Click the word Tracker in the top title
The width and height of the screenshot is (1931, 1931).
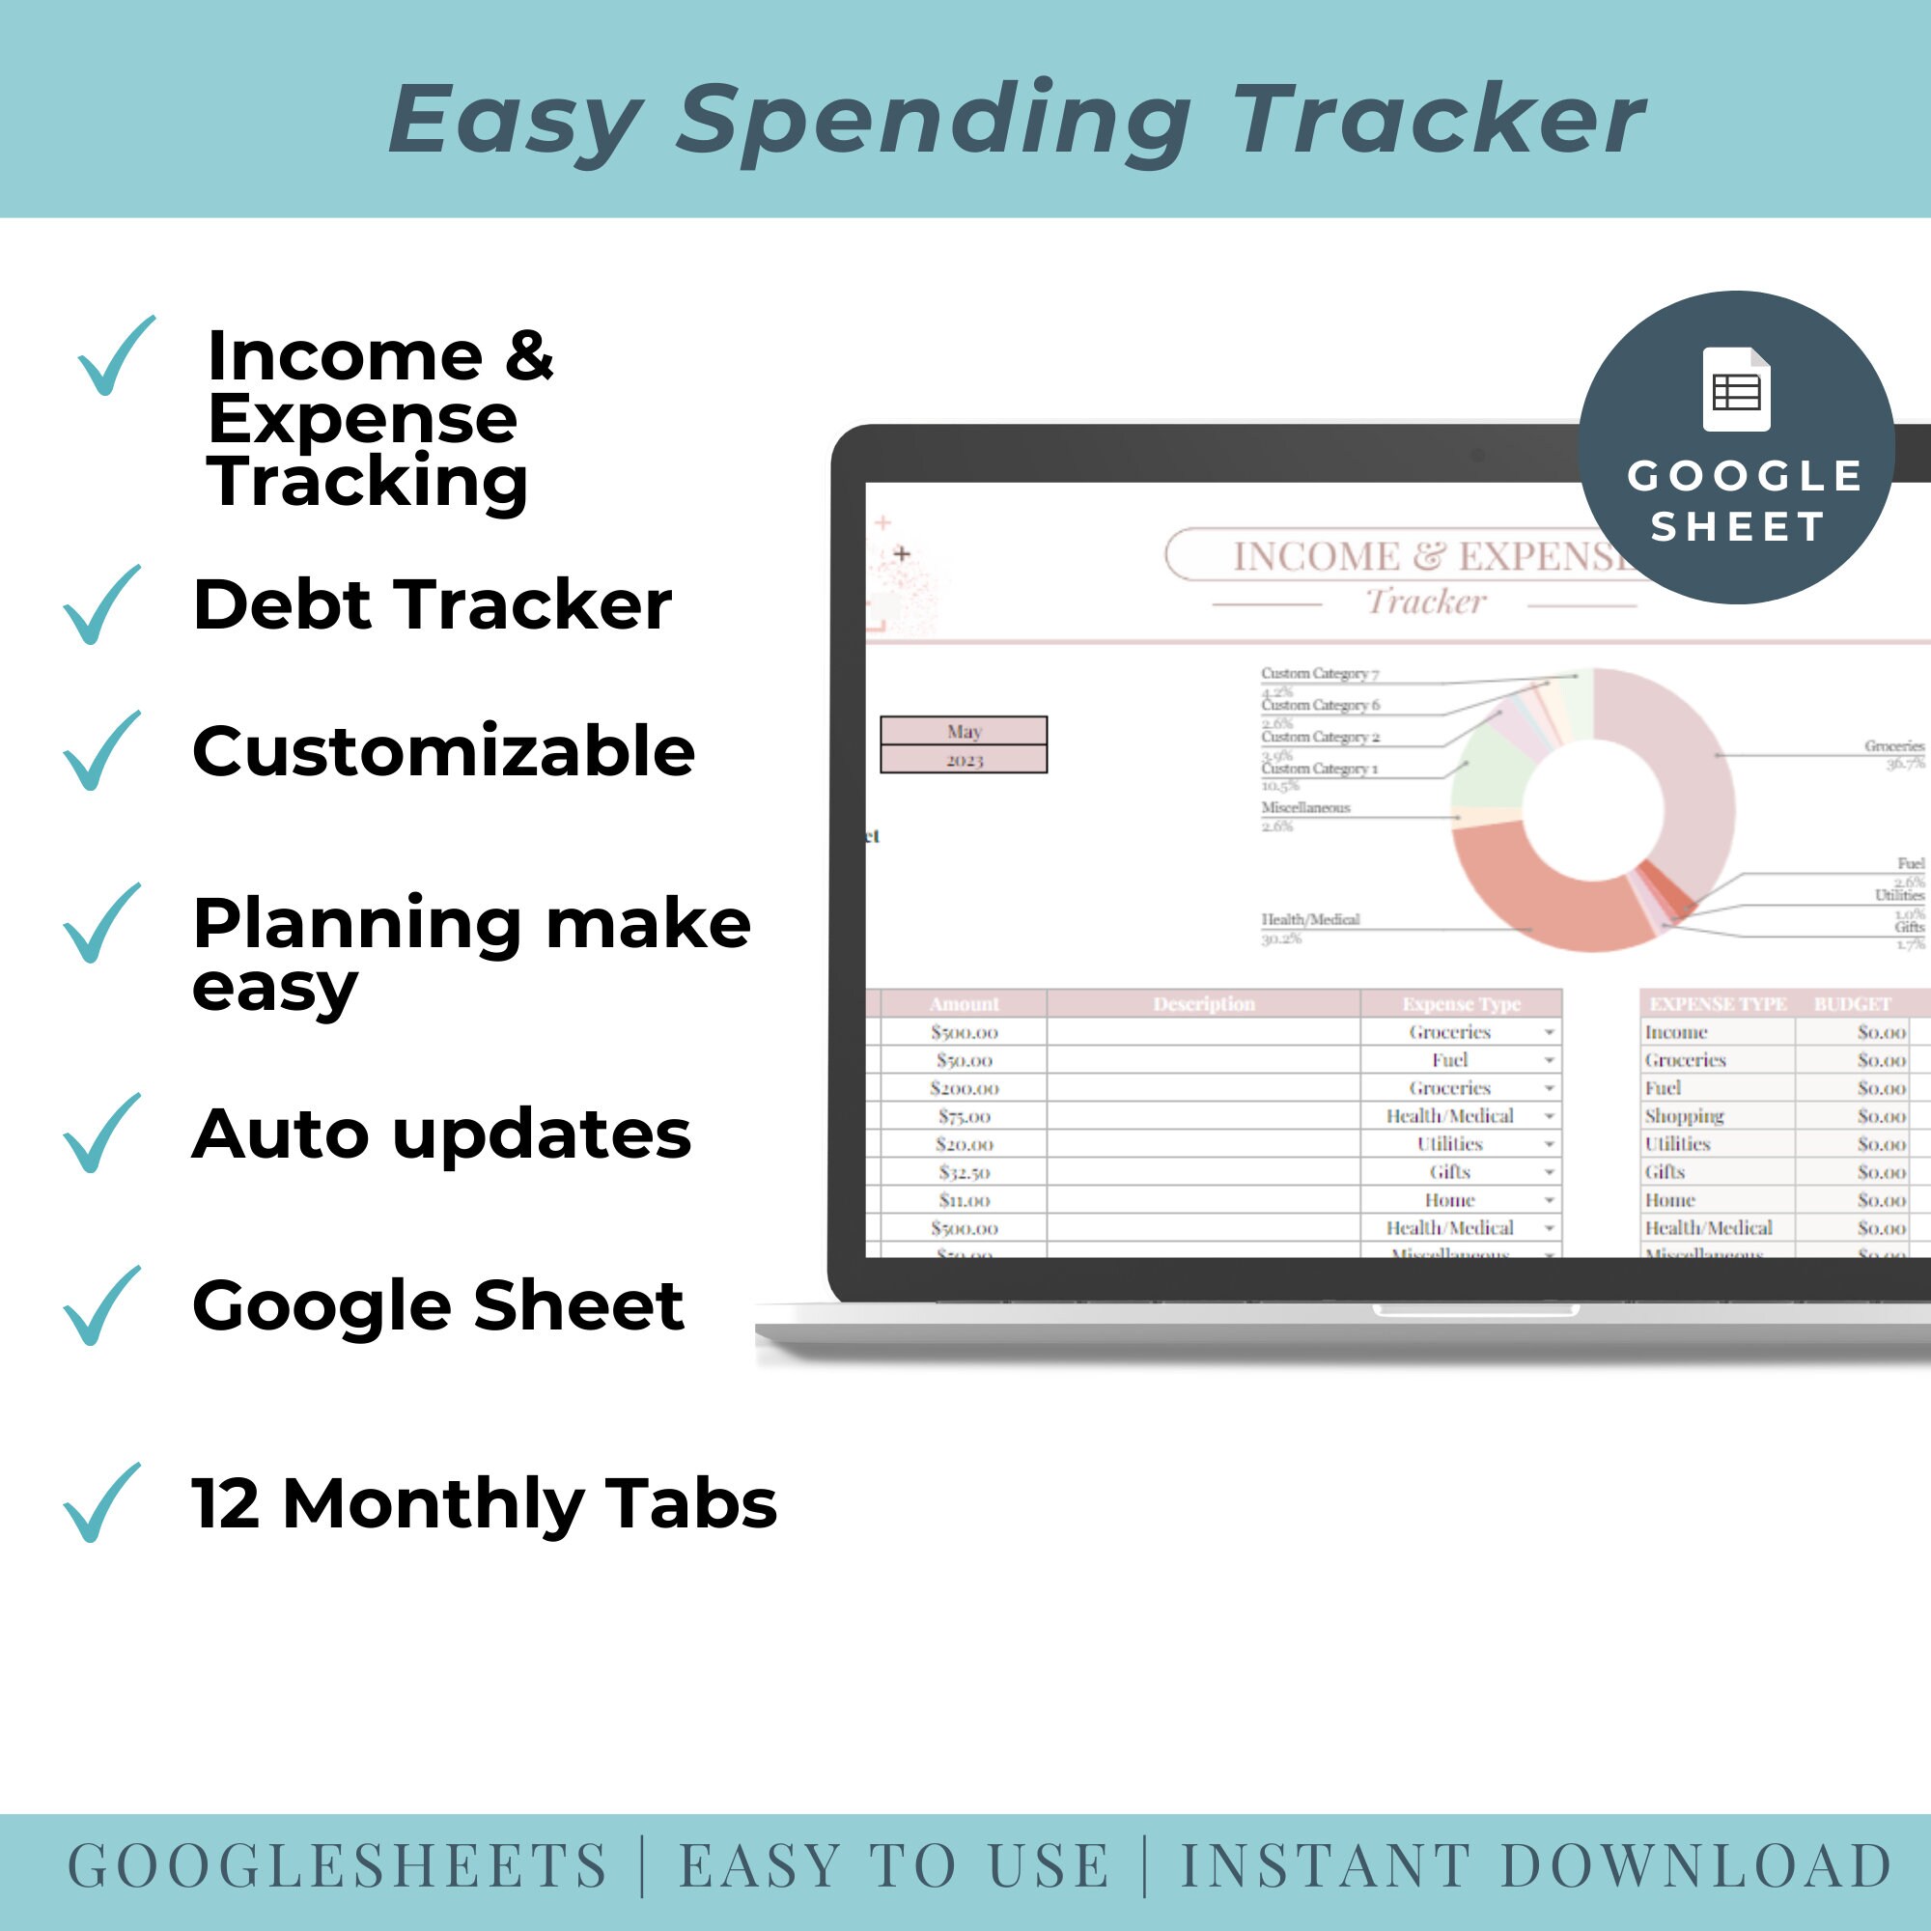point(1440,120)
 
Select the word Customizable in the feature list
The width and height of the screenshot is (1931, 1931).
point(444,751)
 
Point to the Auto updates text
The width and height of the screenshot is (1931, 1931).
point(441,1134)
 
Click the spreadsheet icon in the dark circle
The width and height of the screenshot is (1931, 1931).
point(1736,390)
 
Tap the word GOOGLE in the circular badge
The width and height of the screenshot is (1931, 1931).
point(1745,476)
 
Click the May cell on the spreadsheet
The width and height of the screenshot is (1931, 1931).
point(964,731)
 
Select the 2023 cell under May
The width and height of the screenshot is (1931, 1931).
point(964,760)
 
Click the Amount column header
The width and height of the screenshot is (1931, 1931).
point(964,1003)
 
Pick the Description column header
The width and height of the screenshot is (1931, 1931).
point(1203,1003)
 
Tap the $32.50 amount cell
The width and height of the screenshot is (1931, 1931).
point(964,1171)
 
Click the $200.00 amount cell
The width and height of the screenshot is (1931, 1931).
point(964,1087)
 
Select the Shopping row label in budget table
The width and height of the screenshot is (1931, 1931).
point(1684,1115)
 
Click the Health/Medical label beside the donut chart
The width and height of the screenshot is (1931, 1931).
point(1309,919)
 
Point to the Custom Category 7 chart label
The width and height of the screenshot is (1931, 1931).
point(1319,674)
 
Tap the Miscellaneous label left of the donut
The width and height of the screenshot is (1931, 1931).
point(1305,807)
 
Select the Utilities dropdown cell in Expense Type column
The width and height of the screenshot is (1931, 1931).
point(1450,1143)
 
